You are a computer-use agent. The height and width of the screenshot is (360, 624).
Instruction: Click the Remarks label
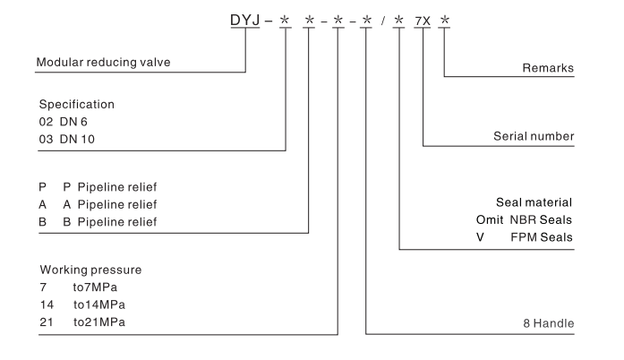coord(547,68)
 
